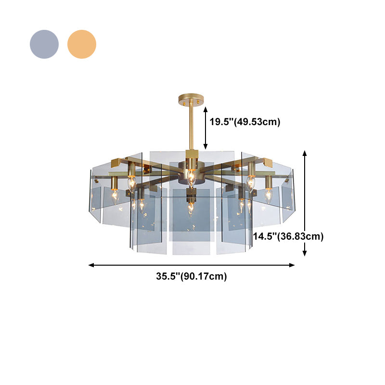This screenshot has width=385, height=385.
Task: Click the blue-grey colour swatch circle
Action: click(x=44, y=44)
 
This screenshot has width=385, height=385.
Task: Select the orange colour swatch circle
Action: click(x=82, y=44)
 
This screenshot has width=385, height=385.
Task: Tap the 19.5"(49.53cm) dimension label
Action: click(x=245, y=122)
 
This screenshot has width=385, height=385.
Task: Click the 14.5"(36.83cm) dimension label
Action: click(x=288, y=236)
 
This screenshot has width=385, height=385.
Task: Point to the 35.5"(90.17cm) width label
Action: click(x=192, y=276)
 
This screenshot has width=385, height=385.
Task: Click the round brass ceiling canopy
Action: click(x=191, y=99)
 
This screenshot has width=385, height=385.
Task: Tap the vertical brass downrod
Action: click(x=191, y=127)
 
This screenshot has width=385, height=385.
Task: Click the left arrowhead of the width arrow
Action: click(x=91, y=265)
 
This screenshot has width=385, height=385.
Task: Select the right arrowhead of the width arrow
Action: click(x=292, y=265)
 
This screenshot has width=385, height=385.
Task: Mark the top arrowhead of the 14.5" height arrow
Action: click(x=305, y=153)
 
